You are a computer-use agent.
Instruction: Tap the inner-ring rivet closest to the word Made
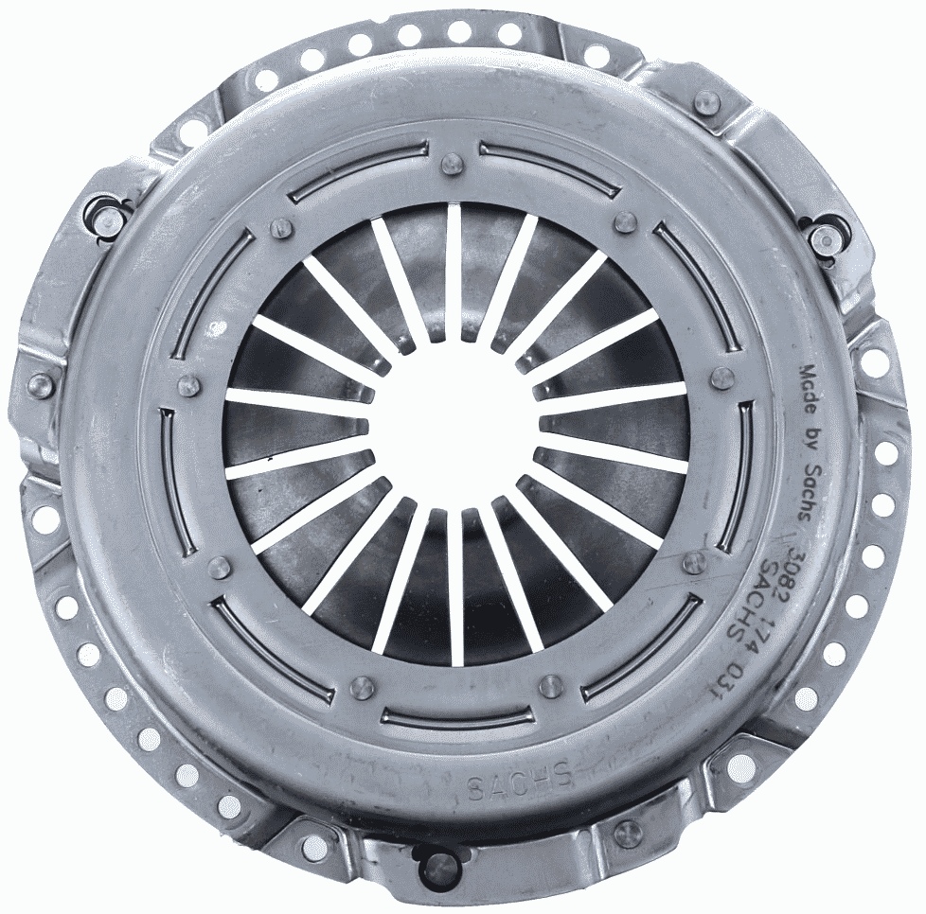pos(722,378)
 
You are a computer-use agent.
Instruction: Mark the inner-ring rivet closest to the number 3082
pos(695,563)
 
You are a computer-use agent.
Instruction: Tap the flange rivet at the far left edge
pos(41,384)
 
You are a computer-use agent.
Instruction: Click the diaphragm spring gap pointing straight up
pos(454,274)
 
